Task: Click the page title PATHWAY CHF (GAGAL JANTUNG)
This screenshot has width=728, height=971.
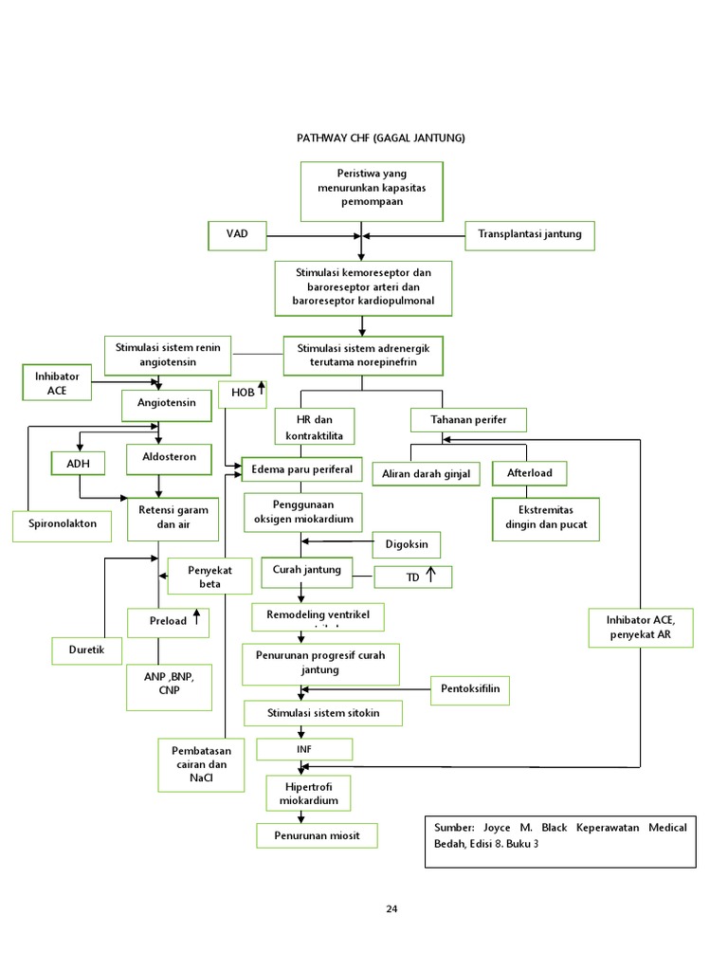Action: pos(382,137)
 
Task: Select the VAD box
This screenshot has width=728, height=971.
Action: pos(238,233)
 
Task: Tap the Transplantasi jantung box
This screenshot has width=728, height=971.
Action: pos(530,234)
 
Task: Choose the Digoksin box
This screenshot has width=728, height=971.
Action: pos(406,544)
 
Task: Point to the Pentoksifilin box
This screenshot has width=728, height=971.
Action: pos(470,689)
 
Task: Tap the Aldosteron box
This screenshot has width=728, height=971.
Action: pos(167,458)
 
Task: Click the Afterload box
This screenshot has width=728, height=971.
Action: pos(536,472)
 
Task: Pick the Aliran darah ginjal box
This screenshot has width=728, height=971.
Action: pos(426,473)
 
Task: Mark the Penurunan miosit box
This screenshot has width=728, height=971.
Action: pos(317,835)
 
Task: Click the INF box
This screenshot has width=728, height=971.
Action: pos(303,749)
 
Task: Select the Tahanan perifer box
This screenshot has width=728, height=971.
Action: pos(468,419)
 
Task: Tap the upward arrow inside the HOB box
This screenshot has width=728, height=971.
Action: pos(261,389)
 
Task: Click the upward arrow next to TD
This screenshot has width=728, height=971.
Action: pos(429,575)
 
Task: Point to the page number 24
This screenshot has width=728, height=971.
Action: pos(391,909)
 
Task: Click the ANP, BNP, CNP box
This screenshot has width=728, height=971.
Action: pos(167,685)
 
